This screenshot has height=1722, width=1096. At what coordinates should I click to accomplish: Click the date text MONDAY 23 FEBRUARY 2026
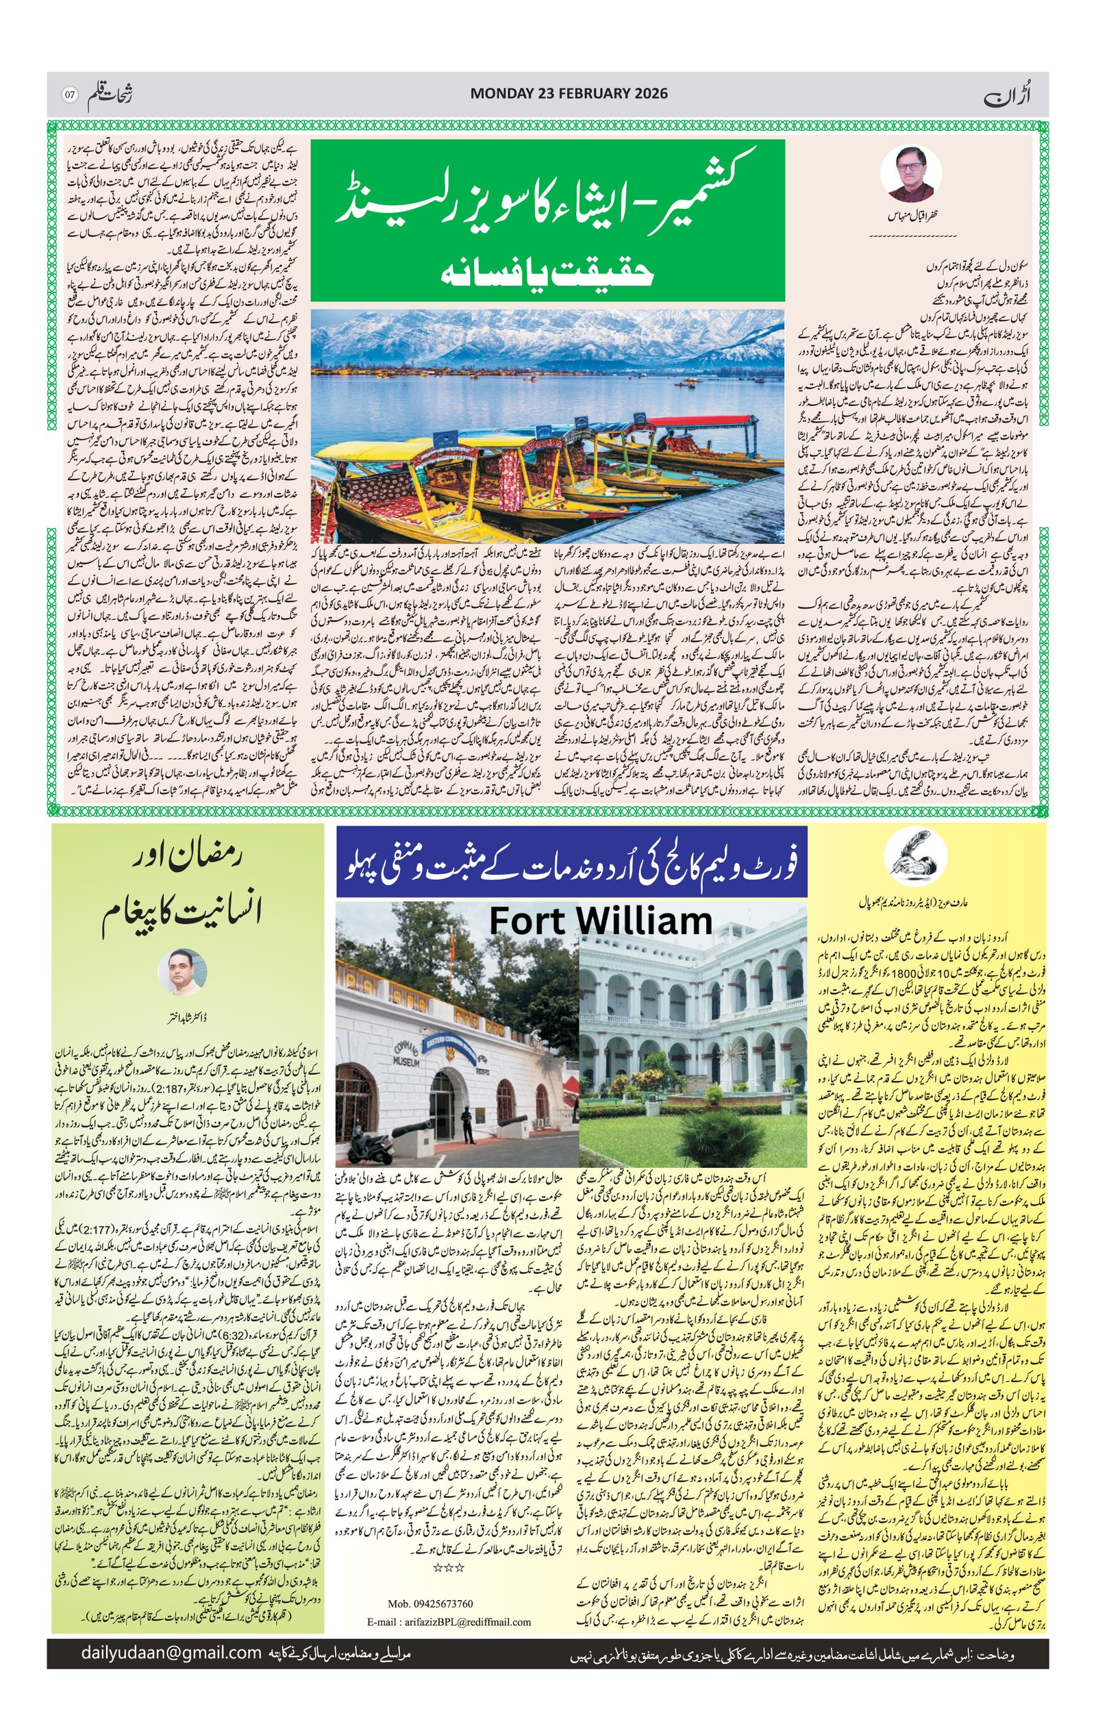(x=569, y=94)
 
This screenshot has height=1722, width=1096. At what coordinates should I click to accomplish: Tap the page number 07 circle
(x=69, y=95)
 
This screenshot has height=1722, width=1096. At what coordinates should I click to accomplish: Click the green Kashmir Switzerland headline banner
(x=547, y=221)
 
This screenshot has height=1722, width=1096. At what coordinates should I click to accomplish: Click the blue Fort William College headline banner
(x=572, y=864)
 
